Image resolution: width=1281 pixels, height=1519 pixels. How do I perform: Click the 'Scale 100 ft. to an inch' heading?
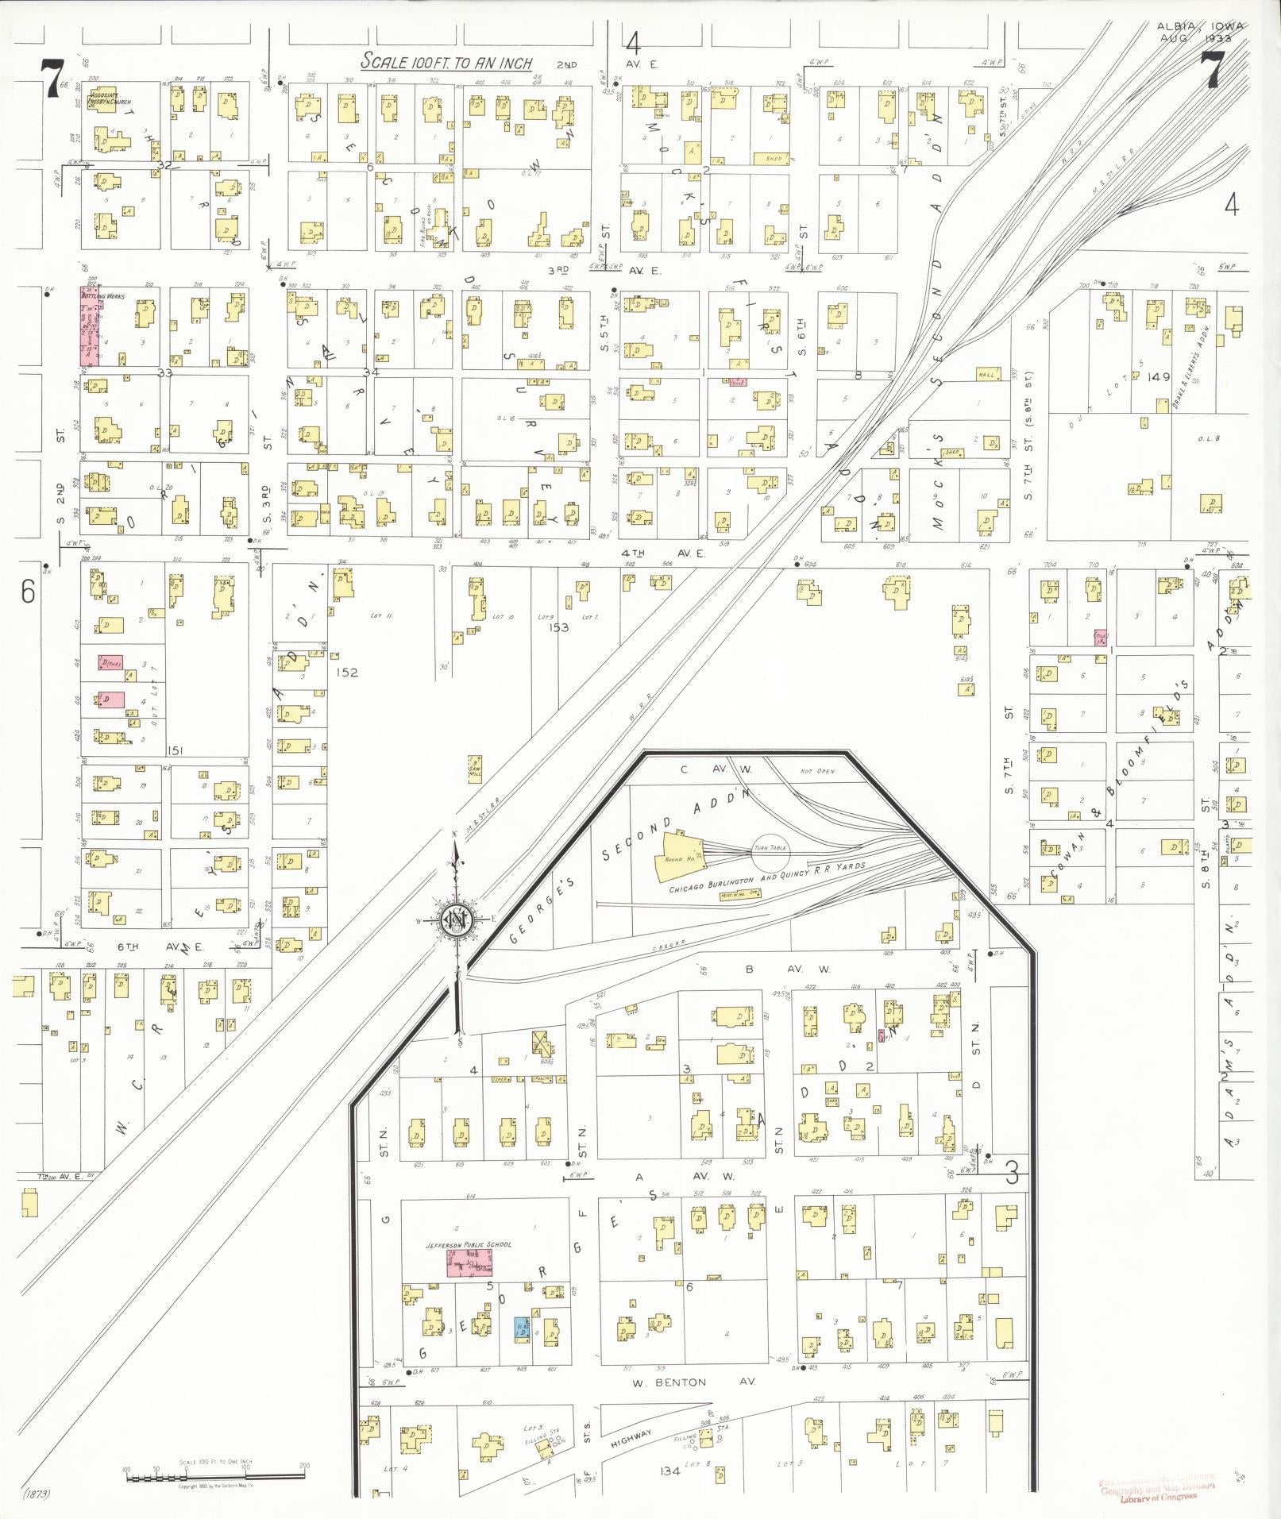[446, 62]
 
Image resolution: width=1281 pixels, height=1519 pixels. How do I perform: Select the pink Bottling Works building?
[88, 326]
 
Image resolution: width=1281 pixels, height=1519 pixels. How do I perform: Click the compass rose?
[457, 919]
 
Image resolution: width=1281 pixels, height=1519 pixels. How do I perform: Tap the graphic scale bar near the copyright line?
[214, 1476]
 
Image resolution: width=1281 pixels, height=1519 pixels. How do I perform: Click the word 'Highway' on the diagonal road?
[631, 1433]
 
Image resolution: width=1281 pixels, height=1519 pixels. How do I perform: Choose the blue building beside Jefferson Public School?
[522, 1328]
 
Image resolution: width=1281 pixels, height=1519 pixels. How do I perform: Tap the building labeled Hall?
[986, 374]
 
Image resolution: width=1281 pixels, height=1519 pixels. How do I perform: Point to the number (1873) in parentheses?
[37, 1494]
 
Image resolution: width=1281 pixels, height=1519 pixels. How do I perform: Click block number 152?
[347, 673]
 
